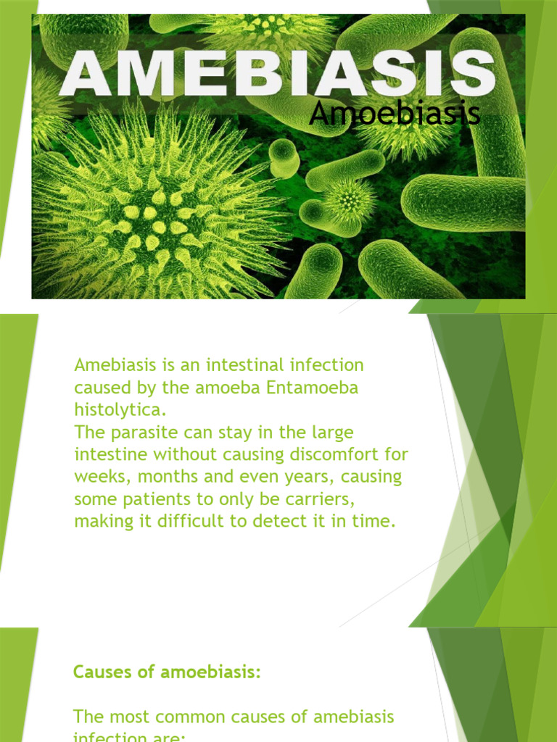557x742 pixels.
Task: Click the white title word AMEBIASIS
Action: click(278, 73)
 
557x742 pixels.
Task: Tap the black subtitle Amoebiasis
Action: click(395, 114)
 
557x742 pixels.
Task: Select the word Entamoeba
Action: click(313, 388)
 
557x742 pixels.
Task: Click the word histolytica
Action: click(120, 410)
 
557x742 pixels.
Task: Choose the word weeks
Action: click(97, 478)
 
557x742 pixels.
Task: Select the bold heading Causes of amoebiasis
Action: click(166, 672)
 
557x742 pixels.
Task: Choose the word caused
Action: click(98, 388)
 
